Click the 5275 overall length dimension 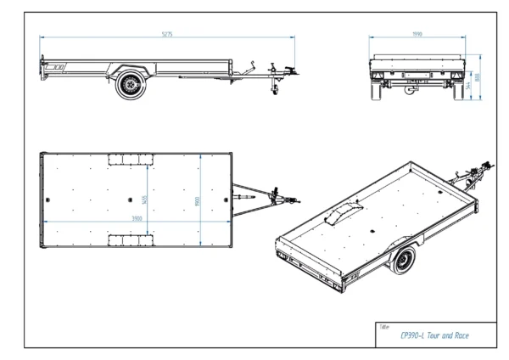168,34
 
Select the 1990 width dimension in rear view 417,34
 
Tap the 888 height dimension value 478,76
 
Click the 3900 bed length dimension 137,217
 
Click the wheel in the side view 131,85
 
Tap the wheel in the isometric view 404,263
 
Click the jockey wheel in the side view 274,91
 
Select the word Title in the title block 384,326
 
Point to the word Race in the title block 461,335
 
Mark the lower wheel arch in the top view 130,241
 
